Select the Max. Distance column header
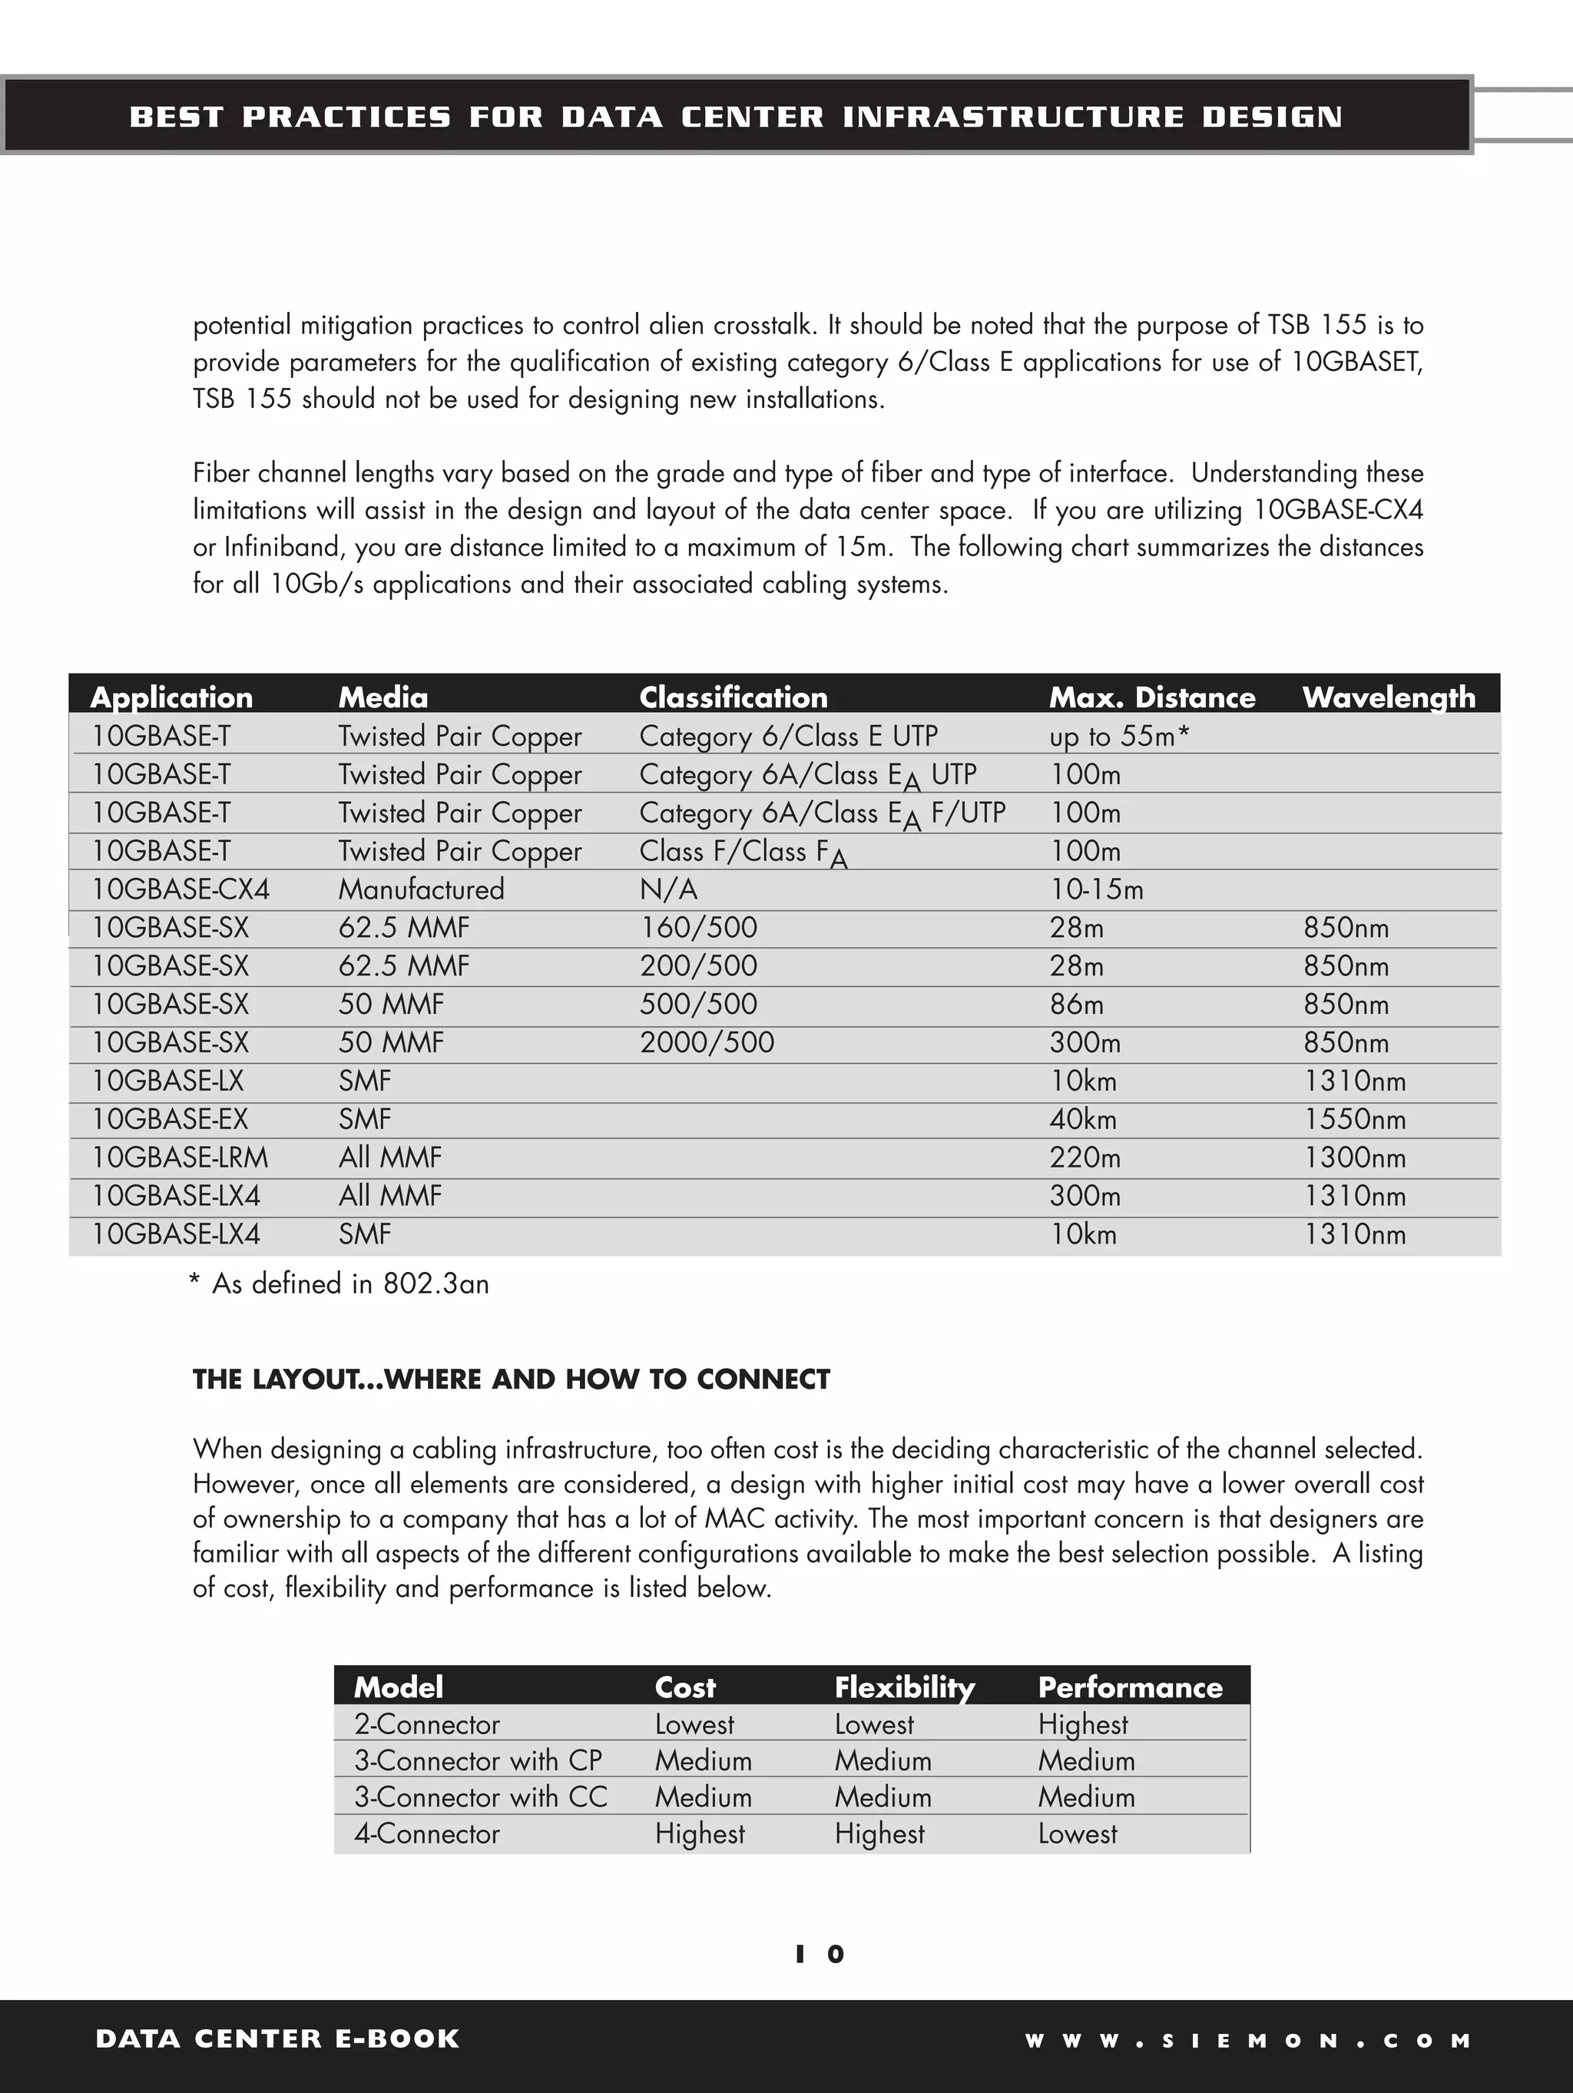click(x=1152, y=697)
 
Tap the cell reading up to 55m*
click(x=1119, y=736)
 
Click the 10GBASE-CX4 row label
click(x=180, y=889)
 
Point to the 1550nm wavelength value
click(x=1354, y=1119)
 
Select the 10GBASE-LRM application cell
click(x=180, y=1157)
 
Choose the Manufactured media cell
click(x=421, y=889)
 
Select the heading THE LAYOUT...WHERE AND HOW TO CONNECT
click(x=511, y=1379)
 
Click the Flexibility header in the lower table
click(x=904, y=1687)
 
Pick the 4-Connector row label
click(x=427, y=1833)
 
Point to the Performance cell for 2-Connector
click(x=1083, y=1724)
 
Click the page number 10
click(x=820, y=1954)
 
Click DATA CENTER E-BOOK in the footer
click(x=277, y=2039)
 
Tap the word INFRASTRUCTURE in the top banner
click(x=1013, y=117)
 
